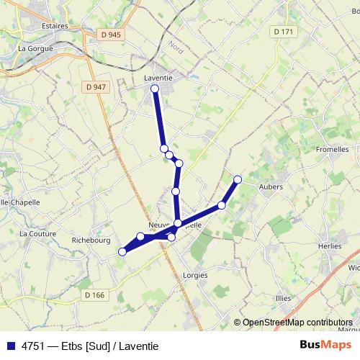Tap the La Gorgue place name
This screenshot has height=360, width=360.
[x=32, y=49]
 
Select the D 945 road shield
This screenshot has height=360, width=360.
[x=111, y=34]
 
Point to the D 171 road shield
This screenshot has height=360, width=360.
[x=284, y=32]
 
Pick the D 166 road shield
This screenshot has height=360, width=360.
[x=94, y=294]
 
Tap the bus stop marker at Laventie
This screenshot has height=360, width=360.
[x=154, y=89]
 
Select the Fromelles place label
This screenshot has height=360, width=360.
[x=333, y=150]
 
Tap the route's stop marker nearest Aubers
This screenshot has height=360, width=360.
[x=238, y=179]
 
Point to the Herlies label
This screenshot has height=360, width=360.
[x=329, y=246]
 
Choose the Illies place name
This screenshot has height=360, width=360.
[x=284, y=297]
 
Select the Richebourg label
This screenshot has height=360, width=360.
[x=90, y=241]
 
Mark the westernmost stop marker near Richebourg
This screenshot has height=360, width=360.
[x=122, y=251]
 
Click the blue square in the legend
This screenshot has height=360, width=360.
[x=10, y=346]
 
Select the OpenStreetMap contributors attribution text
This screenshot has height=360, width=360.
[x=297, y=323]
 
